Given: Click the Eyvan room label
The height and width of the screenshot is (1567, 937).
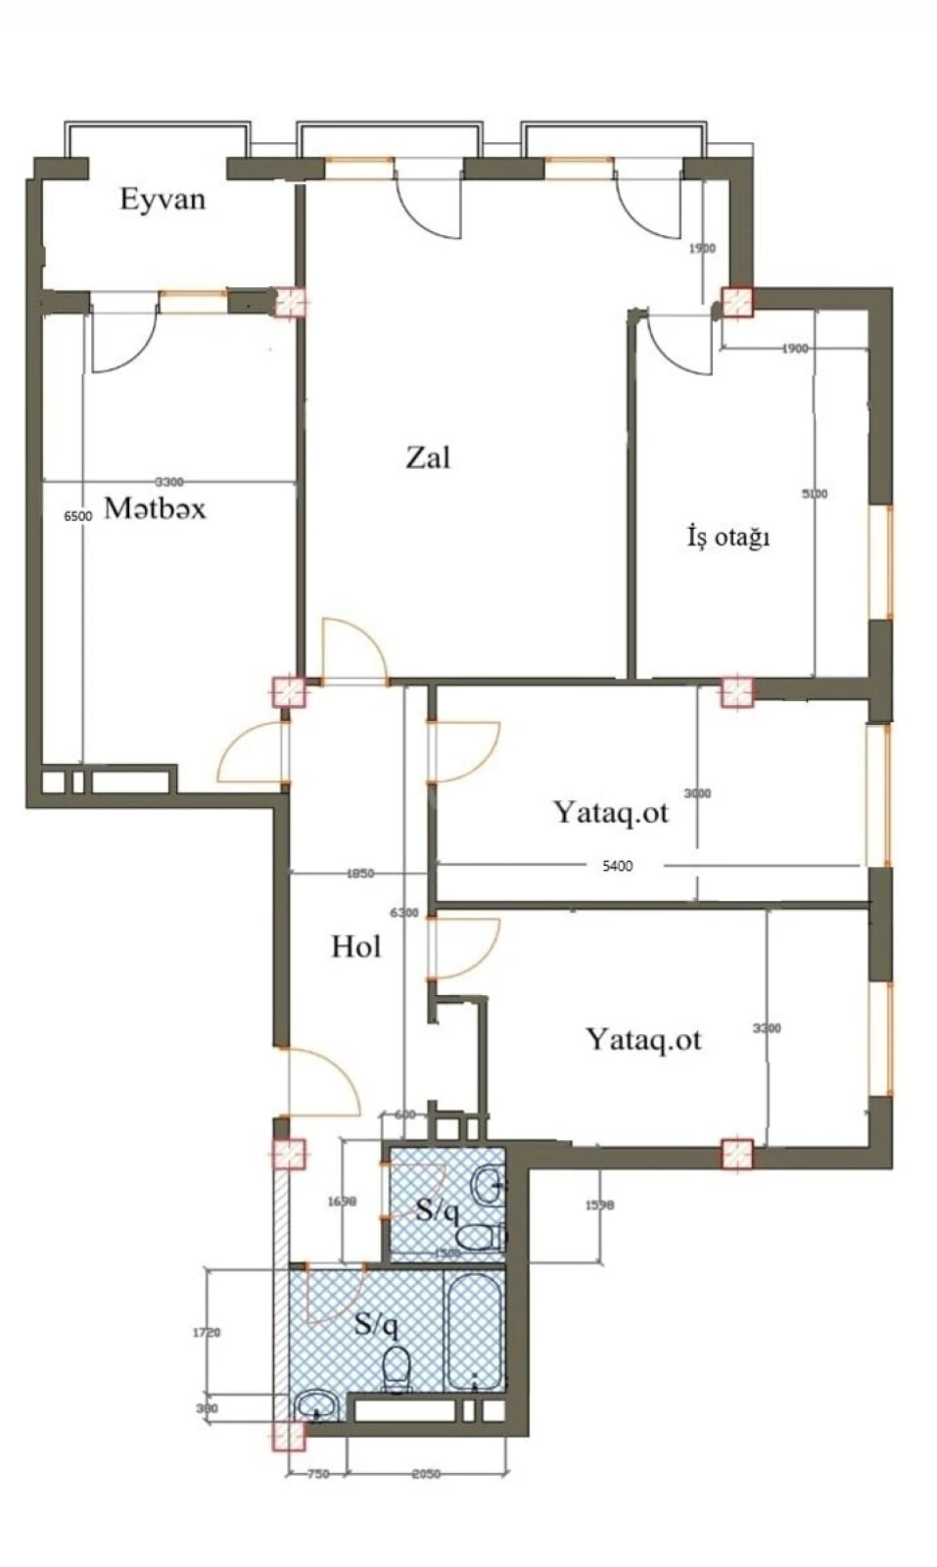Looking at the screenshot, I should pyautogui.click(x=163, y=200).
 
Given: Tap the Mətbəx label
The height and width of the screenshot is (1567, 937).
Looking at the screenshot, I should pyautogui.click(x=155, y=508).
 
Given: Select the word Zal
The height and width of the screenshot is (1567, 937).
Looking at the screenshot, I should pyautogui.click(x=428, y=457).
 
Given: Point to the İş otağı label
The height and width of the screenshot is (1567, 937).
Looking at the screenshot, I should pyautogui.click(x=727, y=537).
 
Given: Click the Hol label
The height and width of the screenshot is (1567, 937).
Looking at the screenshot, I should pyautogui.click(x=355, y=946).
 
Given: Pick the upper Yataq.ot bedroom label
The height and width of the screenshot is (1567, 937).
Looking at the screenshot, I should pyautogui.click(x=610, y=812).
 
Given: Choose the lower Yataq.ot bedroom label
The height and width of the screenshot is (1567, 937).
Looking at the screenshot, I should pyautogui.click(x=643, y=1039).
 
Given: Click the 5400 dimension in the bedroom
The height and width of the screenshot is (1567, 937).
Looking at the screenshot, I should pyautogui.click(x=617, y=866).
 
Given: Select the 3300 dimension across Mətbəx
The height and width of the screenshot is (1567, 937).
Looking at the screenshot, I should pyautogui.click(x=169, y=481).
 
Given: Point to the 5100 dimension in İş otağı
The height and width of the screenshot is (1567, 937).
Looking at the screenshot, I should pyautogui.click(x=815, y=494).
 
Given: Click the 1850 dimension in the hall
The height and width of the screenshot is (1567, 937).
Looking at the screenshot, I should pyautogui.click(x=360, y=874).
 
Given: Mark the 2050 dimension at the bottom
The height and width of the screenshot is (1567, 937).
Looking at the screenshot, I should pyautogui.click(x=425, y=1474).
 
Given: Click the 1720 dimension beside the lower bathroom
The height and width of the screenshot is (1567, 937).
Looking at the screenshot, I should pyautogui.click(x=207, y=1333).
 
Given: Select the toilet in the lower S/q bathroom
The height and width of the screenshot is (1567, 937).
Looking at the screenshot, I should pyautogui.click(x=397, y=1369).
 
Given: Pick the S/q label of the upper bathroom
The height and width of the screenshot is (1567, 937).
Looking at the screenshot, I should pyautogui.click(x=437, y=1211).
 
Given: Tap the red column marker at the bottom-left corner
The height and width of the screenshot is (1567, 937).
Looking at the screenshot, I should pyautogui.click(x=288, y=1435).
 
